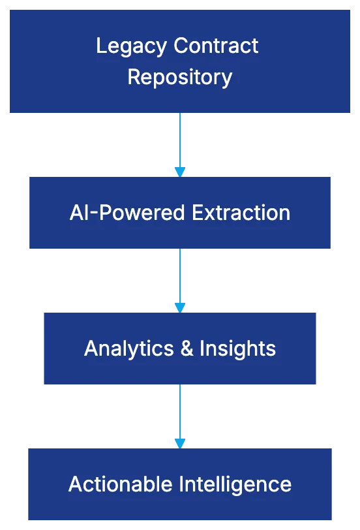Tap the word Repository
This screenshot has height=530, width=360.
pyautogui.click(x=179, y=77)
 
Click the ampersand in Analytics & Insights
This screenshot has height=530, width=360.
pyautogui.click(x=187, y=349)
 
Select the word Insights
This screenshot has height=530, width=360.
pyautogui.click(x=237, y=349)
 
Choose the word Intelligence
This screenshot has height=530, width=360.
pyautogui.click(x=236, y=484)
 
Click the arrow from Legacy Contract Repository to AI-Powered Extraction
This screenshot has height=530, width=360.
pyautogui.click(x=180, y=140)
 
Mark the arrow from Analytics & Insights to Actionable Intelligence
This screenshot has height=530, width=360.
pyautogui.click(x=180, y=412)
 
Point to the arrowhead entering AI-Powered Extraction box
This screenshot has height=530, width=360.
pyautogui.click(x=180, y=171)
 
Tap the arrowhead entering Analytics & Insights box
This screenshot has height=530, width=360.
pyautogui.click(x=180, y=307)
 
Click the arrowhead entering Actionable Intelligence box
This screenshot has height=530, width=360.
pyautogui.click(x=180, y=443)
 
